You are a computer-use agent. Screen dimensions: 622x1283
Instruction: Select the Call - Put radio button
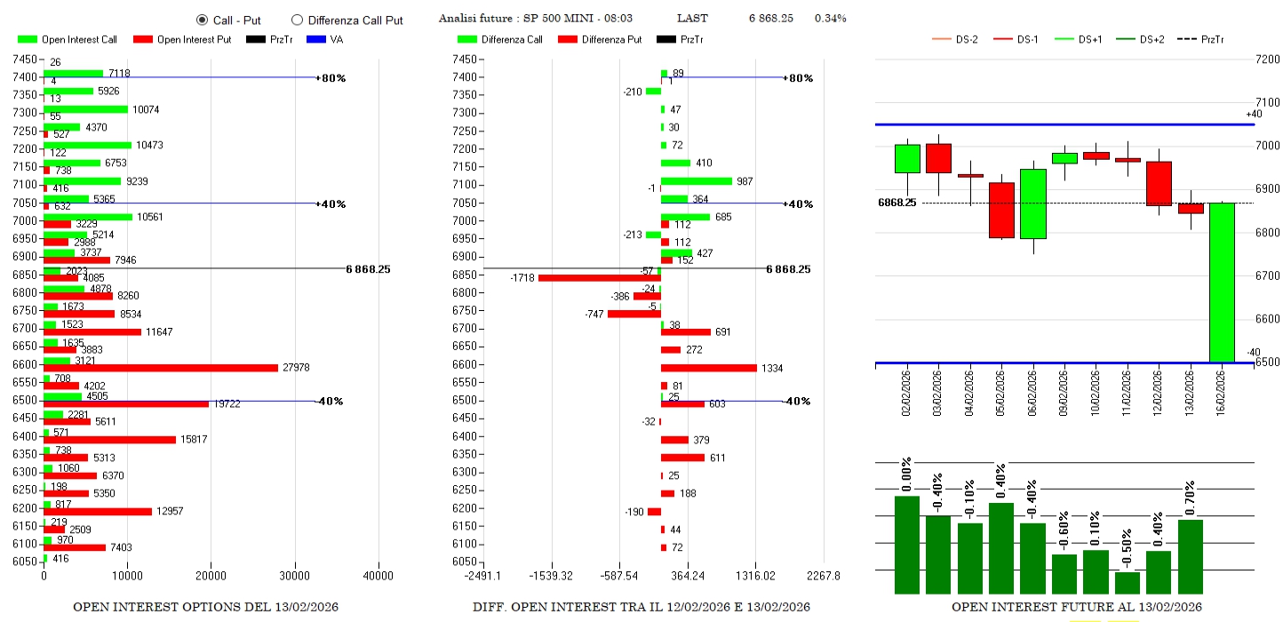tap(202, 20)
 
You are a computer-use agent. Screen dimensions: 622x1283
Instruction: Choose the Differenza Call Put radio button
tap(297, 20)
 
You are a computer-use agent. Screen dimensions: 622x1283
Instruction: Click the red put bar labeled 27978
tap(161, 368)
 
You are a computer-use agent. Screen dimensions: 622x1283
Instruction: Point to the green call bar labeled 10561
tap(88, 217)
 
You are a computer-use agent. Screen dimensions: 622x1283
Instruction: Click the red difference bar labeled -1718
tap(600, 278)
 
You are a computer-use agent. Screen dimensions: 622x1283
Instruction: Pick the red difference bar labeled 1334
tap(709, 368)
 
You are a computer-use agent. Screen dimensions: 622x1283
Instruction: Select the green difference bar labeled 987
tap(697, 181)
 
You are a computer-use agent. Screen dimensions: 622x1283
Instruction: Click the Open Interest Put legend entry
tap(182, 39)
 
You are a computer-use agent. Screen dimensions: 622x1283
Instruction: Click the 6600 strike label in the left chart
tap(25, 364)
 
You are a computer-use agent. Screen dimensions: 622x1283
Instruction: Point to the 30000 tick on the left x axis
tap(295, 576)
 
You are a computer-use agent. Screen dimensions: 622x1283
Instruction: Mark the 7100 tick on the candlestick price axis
tap(1267, 103)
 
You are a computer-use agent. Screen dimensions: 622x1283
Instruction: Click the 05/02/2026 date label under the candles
tap(1000, 390)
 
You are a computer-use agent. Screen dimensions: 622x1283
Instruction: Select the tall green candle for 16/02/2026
tap(1221, 283)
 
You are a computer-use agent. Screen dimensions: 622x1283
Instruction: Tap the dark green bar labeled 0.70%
tap(1190, 556)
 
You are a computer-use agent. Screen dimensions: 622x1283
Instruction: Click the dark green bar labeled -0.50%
tap(1128, 582)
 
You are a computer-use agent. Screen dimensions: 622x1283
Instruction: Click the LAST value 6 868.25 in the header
tap(770, 19)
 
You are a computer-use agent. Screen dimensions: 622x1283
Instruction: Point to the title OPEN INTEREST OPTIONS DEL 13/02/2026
tap(205, 607)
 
